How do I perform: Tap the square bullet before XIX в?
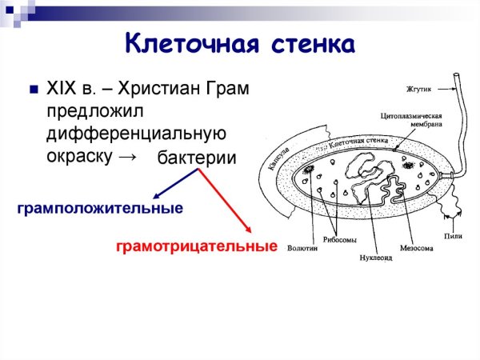pos(34,89)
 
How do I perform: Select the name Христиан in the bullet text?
pos(163,89)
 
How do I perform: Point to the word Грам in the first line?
pos(229,89)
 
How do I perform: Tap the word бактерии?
pos(197,158)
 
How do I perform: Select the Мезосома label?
pos(417,248)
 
